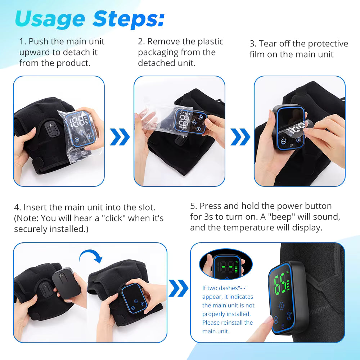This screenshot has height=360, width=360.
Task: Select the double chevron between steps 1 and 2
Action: coord(120,137)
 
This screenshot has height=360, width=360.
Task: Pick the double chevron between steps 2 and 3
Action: coord(240,137)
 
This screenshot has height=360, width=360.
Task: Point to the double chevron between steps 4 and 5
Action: coord(179,288)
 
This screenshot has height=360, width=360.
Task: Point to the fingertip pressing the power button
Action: coord(268,320)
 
